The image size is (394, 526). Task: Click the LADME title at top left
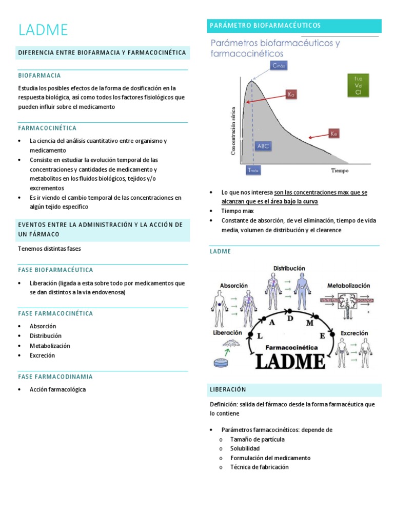point(43,30)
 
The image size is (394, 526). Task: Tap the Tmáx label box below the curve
point(253,170)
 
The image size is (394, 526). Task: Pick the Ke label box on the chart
point(333,134)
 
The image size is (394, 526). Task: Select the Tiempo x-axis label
point(339,170)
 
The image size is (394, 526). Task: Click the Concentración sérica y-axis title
point(233,131)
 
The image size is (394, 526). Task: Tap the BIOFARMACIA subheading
point(40,76)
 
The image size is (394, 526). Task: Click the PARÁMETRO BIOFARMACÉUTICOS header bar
point(294,25)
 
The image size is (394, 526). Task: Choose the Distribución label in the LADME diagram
point(289,268)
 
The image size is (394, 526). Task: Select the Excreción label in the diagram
point(354,333)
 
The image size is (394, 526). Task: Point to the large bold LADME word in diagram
point(290,361)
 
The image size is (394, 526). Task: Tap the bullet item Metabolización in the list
point(50,346)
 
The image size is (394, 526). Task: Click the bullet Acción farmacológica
point(57,389)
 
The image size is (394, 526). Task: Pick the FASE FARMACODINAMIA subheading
point(55,377)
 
